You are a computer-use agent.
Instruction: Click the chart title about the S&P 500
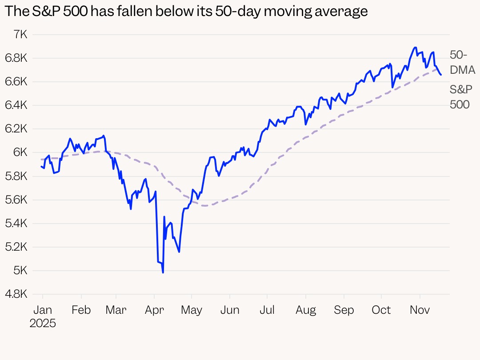(186, 12)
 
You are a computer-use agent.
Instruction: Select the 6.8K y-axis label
(16, 58)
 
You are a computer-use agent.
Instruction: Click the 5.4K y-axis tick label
(16, 224)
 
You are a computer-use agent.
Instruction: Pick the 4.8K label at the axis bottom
(16, 294)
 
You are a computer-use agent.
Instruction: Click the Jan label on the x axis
(43, 310)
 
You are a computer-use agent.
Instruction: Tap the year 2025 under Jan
(43, 323)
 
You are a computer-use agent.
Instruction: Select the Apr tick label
(154, 310)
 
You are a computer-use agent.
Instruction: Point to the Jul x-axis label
(267, 310)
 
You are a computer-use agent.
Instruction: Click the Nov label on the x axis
(420, 310)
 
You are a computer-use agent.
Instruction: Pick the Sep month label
(344, 310)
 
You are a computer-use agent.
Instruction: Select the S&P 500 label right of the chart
(461, 97)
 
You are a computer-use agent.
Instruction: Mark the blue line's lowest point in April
(163, 272)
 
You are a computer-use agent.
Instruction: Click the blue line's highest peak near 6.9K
(415, 48)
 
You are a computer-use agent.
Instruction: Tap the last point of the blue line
(441, 75)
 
